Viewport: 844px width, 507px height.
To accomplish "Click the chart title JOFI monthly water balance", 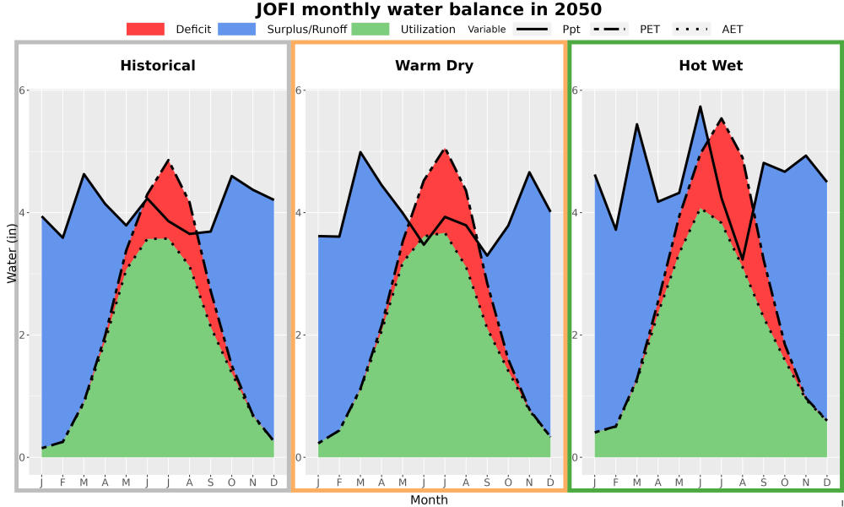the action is coord(429,9).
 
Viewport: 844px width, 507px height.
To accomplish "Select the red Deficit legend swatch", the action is coord(145,29).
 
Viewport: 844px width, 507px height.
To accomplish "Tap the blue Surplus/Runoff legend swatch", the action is coord(237,29).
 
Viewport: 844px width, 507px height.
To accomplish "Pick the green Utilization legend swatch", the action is coord(371,29).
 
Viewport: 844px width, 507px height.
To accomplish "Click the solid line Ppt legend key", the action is coord(532,29).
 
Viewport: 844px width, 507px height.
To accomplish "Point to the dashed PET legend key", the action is coord(609,29).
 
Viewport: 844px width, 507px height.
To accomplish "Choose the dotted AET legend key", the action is coord(691,29).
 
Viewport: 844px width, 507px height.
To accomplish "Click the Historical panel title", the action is coord(158,66).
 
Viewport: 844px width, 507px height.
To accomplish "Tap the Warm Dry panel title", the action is coord(435,66).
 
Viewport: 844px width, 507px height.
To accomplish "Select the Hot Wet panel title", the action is coord(711,66).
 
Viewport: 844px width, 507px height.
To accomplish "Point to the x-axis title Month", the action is coord(429,500).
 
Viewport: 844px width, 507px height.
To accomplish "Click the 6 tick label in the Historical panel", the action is coord(23,90).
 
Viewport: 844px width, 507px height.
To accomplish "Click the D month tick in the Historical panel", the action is coord(274,482).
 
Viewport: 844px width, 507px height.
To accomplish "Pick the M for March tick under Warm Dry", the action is coord(360,482).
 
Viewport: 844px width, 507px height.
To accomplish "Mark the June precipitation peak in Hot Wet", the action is coord(701,106).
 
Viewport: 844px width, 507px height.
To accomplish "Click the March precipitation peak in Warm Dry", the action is coord(360,152).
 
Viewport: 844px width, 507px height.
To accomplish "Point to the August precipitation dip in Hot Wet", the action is coord(743,259).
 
